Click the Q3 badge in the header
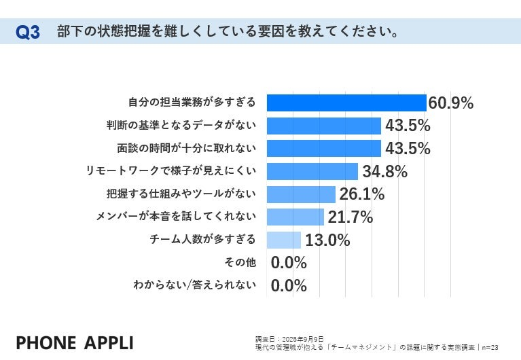pyautogui.click(x=27, y=32)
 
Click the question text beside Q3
pyautogui.click(x=227, y=32)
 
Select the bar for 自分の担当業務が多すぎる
pyautogui.click(x=346, y=103)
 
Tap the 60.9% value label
pyautogui.click(x=451, y=103)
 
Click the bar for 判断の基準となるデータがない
pyautogui.click(x=323, y=126)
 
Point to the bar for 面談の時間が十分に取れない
pyautogui.click(x=323, y=149)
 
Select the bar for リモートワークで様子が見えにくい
pyautogui.click(x=312, y=171)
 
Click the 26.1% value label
pyautogui.click(x=362, y=194)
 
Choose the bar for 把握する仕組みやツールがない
pyautogui.click(x=301, y=194)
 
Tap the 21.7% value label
pyautogui.click(x=351, y=217)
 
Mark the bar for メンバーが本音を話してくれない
pyautogui.click(x=295, y=217)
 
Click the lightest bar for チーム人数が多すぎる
pyautogui.click(x=284, y=240)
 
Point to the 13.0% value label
pyautogui.click(x=328, y=240)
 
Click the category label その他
pyautogui.click(x=240, y=262)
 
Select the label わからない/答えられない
pyautogui.click(x=194, y=285)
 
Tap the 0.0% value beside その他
pyautogui.click(x=289, y=263)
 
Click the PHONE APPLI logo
pyautogui.click(x=74, y=342)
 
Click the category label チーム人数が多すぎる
pyautogui.click(x=202, y=239)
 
